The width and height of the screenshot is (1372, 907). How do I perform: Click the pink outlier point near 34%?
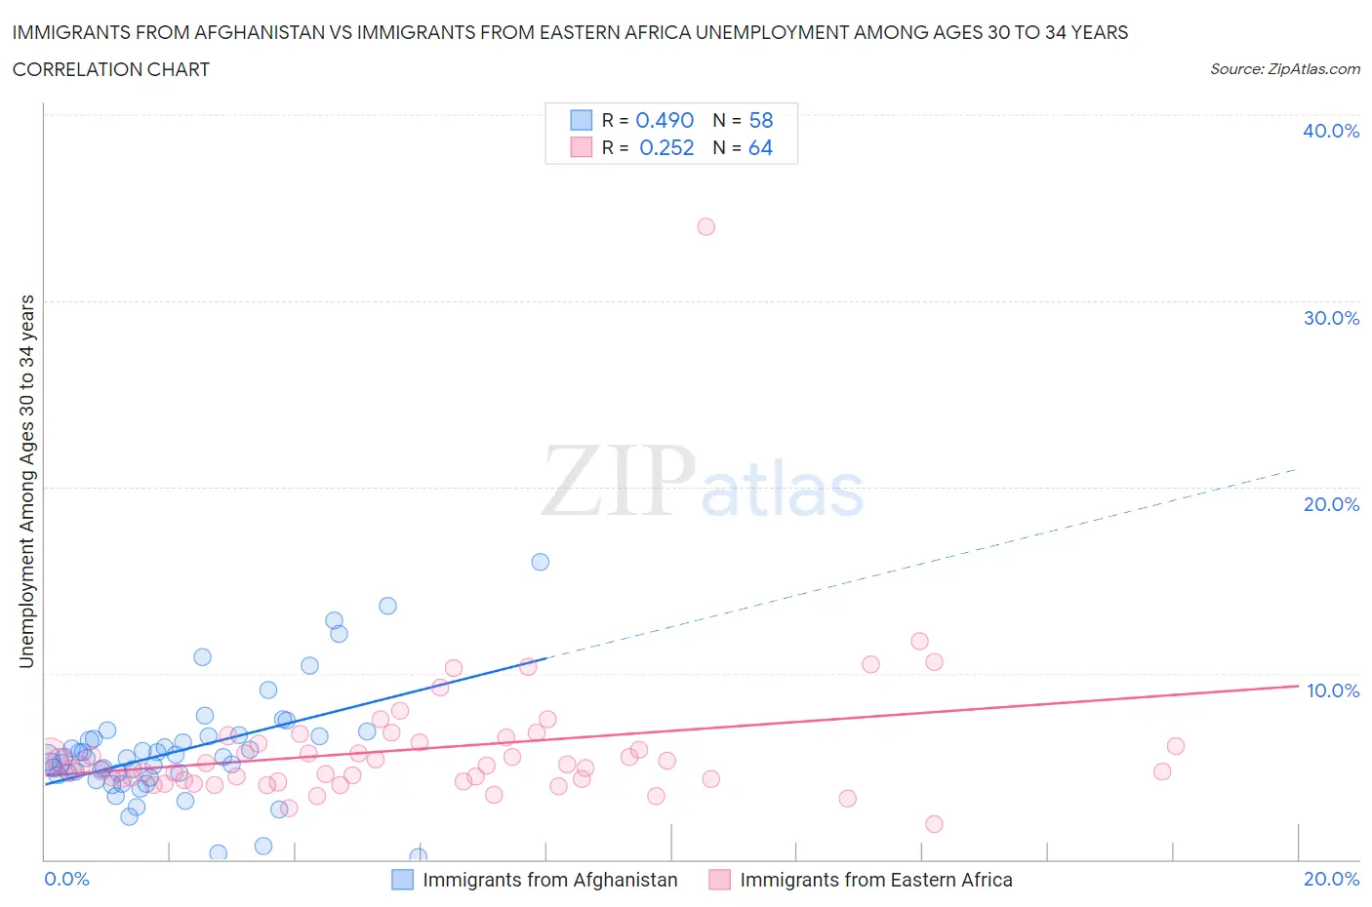click(706, 226)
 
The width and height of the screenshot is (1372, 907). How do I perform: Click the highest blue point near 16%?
click(540, 562)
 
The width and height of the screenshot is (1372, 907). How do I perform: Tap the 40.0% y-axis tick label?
click(1330, 131)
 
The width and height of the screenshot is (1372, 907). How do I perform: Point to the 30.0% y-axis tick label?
click(1330, 318)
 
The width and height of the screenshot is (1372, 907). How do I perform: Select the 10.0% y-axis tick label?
click(1332, 690)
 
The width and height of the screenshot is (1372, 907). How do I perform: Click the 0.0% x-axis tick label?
click(66, 879)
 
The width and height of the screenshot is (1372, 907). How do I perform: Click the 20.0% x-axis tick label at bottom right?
click(1331, 879)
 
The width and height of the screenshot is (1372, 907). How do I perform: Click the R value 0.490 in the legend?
click(665, 120)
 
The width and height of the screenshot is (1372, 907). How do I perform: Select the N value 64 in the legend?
click(760, 147)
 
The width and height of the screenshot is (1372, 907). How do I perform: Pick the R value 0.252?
click(666, 147)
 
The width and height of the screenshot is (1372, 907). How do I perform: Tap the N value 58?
click(760, 120)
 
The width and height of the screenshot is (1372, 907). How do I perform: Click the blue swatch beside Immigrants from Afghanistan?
click(402, 880)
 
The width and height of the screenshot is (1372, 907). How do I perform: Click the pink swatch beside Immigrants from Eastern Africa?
click(719, 880)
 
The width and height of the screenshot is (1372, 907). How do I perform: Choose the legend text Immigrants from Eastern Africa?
click(875, 880)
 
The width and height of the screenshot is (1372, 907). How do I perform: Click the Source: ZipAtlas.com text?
click(1284, 68)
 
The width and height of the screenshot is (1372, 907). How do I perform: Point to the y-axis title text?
click(26, 481)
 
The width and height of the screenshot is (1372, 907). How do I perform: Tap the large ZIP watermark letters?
click(619, 481)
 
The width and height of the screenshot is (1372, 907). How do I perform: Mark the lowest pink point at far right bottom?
click(934, 824)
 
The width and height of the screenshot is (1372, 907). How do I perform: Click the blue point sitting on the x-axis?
click(418, 856)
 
